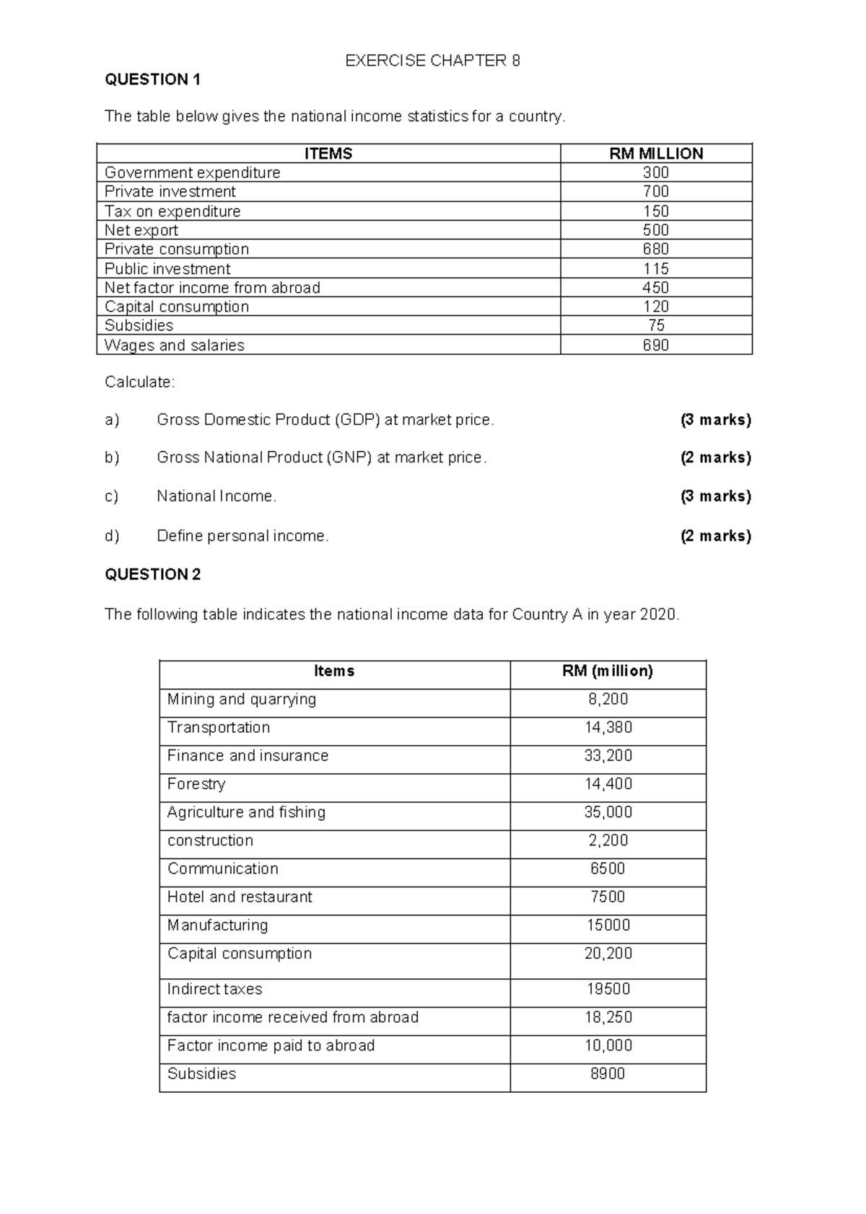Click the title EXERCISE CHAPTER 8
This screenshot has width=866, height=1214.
[432, 61]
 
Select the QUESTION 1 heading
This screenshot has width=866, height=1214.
[152, 80]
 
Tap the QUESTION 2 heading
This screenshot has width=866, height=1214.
[152, 575]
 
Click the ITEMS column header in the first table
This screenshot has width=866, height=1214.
[328, 154]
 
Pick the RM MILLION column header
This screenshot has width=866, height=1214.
[656, 154]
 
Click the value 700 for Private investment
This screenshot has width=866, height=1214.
[656, 192]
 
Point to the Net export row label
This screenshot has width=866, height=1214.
[141, 230]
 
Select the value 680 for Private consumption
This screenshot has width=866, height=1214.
[656, 249]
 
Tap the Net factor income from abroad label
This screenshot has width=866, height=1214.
[212, 288]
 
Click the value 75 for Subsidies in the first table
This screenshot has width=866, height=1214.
[656, 325]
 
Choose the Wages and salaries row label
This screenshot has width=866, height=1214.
[175, 346]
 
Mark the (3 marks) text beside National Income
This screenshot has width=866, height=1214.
[715, 496]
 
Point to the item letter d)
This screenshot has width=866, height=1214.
[112, 536]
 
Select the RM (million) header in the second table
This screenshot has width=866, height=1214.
[608, 672]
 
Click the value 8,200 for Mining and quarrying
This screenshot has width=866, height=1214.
[608, 700]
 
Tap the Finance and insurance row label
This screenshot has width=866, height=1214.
[248, 756]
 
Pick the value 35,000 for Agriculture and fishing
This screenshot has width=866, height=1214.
[608, 812]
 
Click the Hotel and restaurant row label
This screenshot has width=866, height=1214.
[240, 897]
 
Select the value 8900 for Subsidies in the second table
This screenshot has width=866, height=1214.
[608, 1074]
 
